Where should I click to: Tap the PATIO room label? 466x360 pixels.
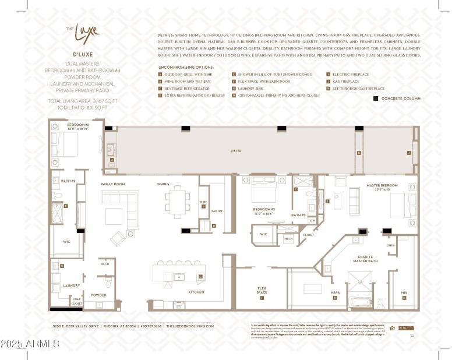tap(236, 151)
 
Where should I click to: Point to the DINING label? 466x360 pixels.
tap(163, 184)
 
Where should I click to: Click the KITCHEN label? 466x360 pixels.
tap(196, 292)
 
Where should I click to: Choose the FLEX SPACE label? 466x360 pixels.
tap(262, 290)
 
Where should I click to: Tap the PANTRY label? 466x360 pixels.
tap(217, 211)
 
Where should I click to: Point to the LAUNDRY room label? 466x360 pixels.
tap(72, 285)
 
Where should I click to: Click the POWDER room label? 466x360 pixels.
tap(98, 295)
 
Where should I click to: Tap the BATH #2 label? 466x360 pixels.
tap(69, 181)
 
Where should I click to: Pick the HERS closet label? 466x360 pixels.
tap(335, 292)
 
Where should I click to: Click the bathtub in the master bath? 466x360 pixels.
tap(359, 303)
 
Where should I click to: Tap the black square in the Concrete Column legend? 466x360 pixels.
tap(376, 98)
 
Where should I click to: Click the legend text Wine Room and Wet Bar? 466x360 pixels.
tap(186, 82)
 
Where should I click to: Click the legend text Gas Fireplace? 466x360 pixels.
tap(346, 82)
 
